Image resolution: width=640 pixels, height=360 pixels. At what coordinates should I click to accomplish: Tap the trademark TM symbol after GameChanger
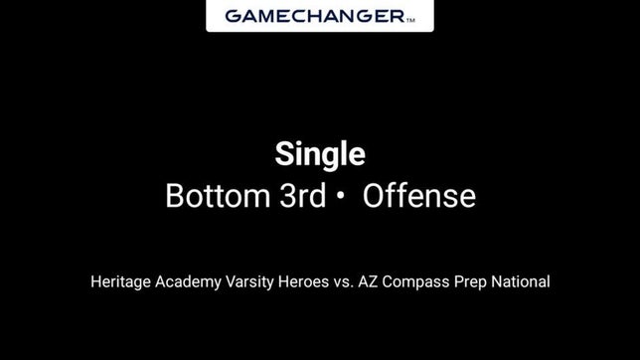tap(411, 19)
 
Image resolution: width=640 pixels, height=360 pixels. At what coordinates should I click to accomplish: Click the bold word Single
tap(320, 155)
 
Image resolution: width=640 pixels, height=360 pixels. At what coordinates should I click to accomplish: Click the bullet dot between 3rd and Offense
tap(340, 197)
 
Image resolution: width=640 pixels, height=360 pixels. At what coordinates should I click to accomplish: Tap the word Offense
tap(418, 196)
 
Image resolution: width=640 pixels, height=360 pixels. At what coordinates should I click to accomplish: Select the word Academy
tap(184, 281)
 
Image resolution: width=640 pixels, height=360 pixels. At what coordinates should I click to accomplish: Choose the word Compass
tap(421, 281)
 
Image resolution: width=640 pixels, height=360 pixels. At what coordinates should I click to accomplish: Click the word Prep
tap(477, 281)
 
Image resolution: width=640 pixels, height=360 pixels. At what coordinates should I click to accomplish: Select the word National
tap(524, 281)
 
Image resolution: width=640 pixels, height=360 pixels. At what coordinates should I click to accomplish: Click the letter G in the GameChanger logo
tap(233, 16)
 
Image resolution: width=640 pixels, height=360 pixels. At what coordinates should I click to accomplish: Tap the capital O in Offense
tap(375, 196)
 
